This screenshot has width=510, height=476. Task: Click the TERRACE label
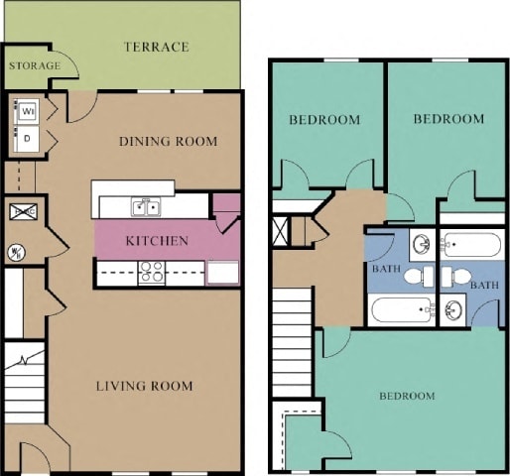coord(157,47)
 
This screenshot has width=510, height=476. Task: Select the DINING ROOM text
coord(168,141)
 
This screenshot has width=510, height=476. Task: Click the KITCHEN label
coord(157,241)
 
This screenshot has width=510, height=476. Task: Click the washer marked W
coord(26,110)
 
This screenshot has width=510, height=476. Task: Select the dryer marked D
coord(26,138)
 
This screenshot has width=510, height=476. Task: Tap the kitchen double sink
coord(147,207)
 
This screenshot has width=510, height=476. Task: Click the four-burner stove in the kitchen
coord(152,272)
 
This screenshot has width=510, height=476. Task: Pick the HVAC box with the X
coord(23,210)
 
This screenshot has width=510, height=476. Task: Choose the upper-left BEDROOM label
coord(324,120)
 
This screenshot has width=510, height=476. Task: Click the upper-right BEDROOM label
coord(448,119)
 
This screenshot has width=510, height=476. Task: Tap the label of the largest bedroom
coord(407,396)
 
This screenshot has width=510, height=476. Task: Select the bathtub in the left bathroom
coord(401,309)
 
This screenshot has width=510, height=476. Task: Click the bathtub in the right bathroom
coord(472,244)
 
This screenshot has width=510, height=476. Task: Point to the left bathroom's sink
coord(420,244)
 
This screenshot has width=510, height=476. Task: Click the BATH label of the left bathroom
coord(385,269)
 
